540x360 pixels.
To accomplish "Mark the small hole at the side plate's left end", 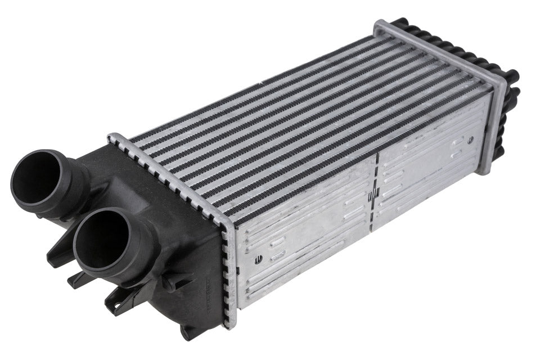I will tap(258, 259).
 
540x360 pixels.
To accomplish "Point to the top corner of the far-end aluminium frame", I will tap(379, 25).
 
